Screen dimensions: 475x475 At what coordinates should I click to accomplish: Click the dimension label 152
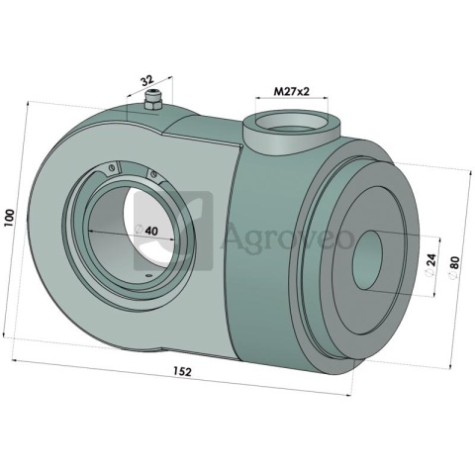pyautogui.click(x=182, y=372)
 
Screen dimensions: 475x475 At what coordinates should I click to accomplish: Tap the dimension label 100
pyautogui.click(x=10, y=218)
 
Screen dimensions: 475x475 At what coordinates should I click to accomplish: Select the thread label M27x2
pyautogui.click(x=292, y=91)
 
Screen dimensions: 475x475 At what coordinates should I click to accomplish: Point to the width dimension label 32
pyautogui.click(x=146, y=81)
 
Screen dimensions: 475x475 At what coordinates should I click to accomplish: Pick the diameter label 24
pyautogui.click(x=431, y=260)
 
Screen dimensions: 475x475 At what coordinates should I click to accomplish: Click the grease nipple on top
pyautogui.click(x=152, y=100)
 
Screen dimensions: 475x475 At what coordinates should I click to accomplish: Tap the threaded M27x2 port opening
pyautogui.click(x=292, y=124)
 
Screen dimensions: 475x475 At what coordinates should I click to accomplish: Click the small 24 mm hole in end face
pyautogui.click(x=367, y=260)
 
